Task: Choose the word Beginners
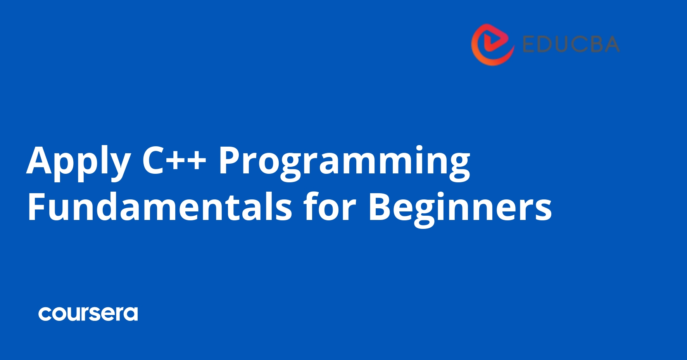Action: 460,208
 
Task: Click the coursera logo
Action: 88,314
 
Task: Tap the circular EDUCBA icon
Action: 493,44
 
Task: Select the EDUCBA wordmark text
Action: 571,44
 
